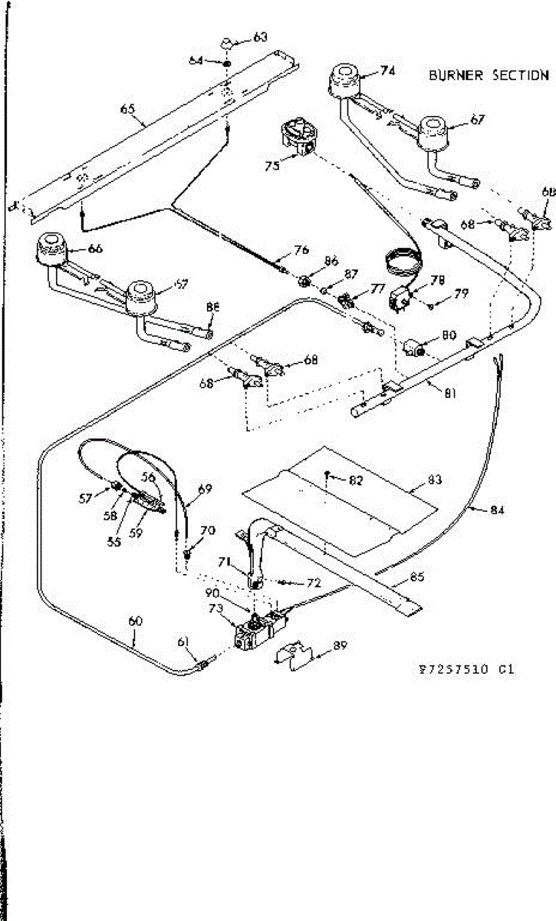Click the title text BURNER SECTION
point(489,75)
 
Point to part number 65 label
point(128,109)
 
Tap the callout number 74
point(387,71)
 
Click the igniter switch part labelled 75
point(298,137)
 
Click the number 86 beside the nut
point(331,262)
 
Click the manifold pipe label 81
point(450,394)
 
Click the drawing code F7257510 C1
point(462,668)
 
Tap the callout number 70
point(207,530)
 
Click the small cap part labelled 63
point(229,41)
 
